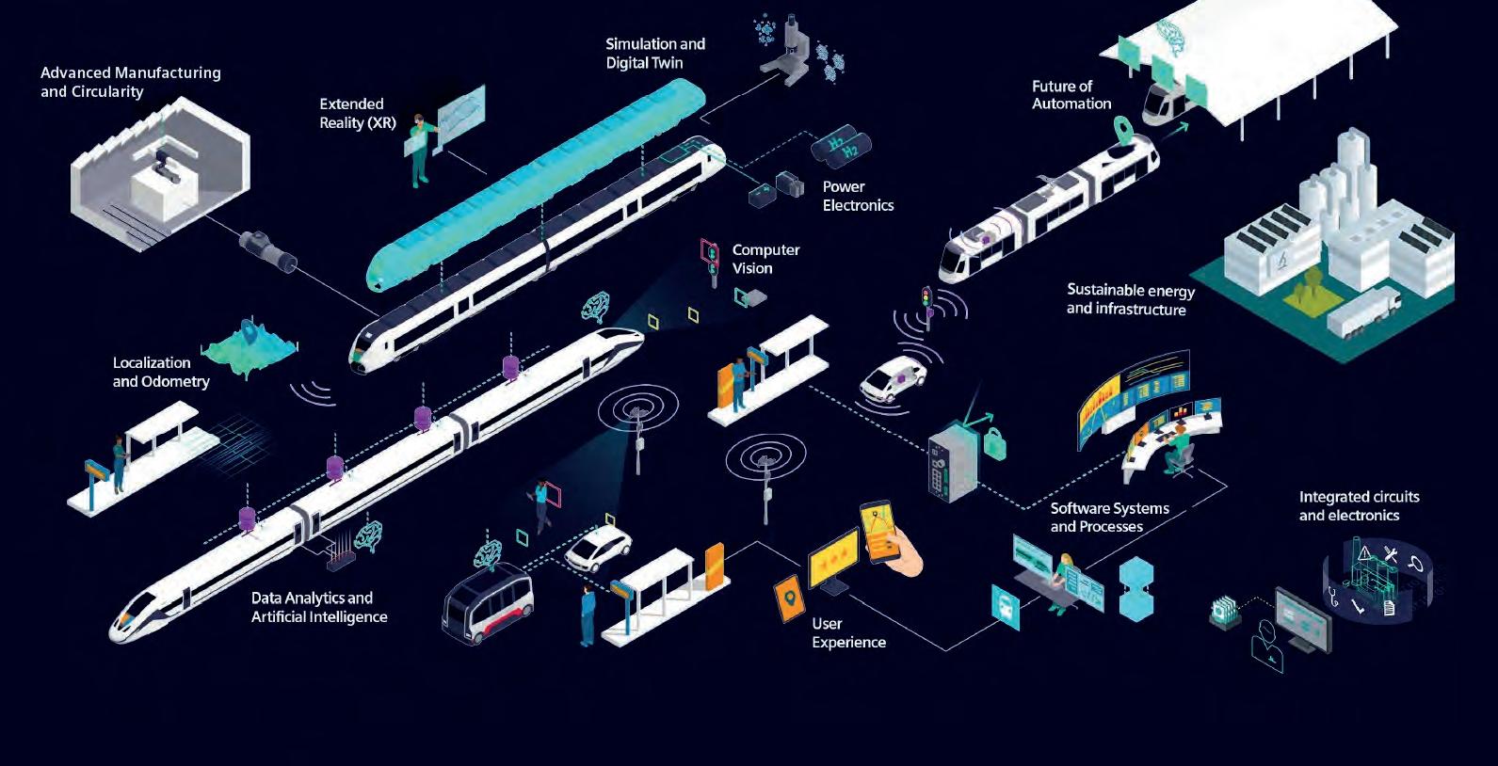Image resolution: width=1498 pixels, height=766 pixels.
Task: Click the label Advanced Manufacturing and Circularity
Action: click(130, 82)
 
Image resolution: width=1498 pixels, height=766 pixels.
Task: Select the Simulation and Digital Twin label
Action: click(654, 53)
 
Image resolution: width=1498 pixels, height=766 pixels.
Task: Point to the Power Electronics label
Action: click(858, 196)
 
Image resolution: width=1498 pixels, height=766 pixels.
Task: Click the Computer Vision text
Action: click(765, 259)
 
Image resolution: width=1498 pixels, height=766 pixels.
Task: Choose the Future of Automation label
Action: click(1071, 94)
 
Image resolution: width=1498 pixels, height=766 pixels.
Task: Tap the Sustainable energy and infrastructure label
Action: click(1130, 299)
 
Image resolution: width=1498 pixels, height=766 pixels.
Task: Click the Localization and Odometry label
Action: click(161, 372)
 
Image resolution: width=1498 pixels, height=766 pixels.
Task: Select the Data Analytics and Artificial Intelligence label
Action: click(318, 607)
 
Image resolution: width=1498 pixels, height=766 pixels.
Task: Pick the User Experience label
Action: click(848, 632)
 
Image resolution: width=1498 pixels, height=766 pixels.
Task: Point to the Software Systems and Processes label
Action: click(1109, 517)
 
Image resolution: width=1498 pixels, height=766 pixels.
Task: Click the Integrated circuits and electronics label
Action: click(1359, 505)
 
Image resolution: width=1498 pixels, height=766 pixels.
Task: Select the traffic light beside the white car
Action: click(927, 305)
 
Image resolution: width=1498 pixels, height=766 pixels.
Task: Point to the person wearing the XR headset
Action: click(420, 151)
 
